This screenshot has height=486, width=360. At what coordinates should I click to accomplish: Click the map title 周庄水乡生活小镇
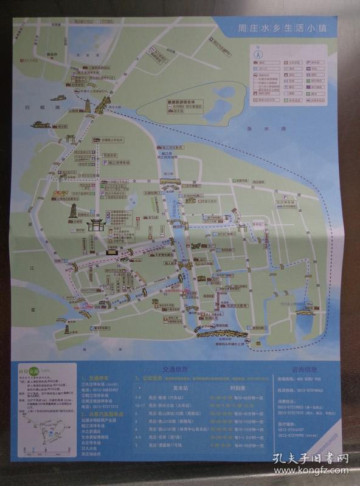pos(283,28)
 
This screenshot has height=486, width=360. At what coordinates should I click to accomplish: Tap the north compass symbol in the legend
pos(258,53)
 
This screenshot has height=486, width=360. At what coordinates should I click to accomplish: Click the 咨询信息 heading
pos(302,369)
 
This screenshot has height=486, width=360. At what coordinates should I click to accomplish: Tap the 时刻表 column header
pos(221,388)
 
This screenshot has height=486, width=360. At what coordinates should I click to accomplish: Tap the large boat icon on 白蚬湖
pos(40,125)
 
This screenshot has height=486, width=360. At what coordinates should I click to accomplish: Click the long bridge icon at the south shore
pos(221,332)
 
